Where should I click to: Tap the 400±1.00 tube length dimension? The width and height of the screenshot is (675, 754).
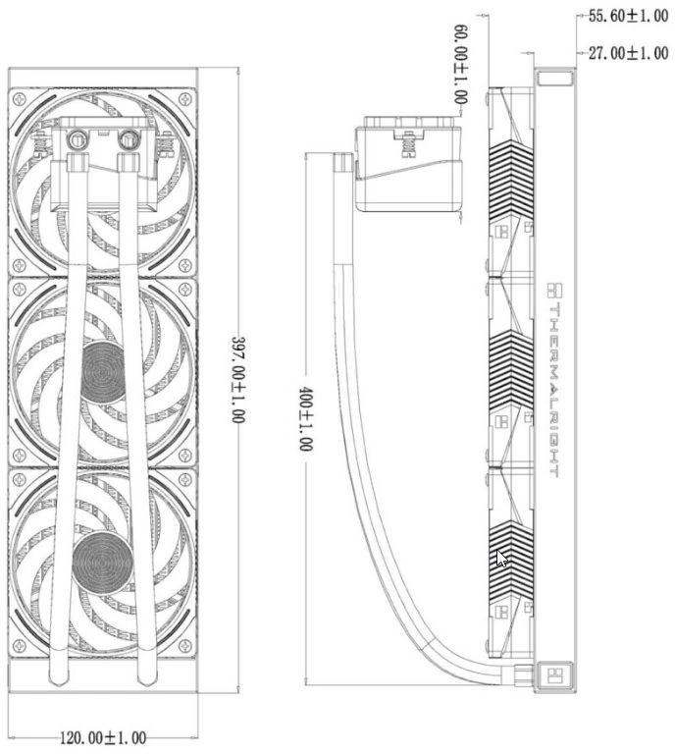tap(305, 417)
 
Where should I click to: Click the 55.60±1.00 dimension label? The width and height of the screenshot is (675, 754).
tap(627, 17)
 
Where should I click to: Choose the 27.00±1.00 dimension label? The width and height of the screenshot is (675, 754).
tap(628, 53)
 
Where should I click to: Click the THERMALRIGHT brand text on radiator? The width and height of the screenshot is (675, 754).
tap(553, 388)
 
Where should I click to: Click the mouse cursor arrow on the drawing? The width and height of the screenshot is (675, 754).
tap(501, 558)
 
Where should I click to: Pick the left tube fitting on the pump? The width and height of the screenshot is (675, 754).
tap(78, 140)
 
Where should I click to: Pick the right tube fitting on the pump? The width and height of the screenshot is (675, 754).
tap(128, 140)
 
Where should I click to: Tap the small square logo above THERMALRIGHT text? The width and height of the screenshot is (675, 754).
tap(553, 290)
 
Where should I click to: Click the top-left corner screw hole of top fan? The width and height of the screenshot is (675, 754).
tap(20, 98)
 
